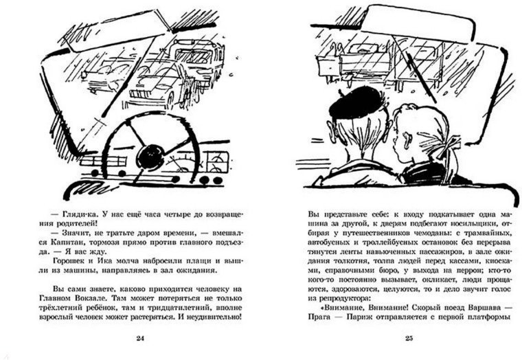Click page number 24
[x=140, y=338]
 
